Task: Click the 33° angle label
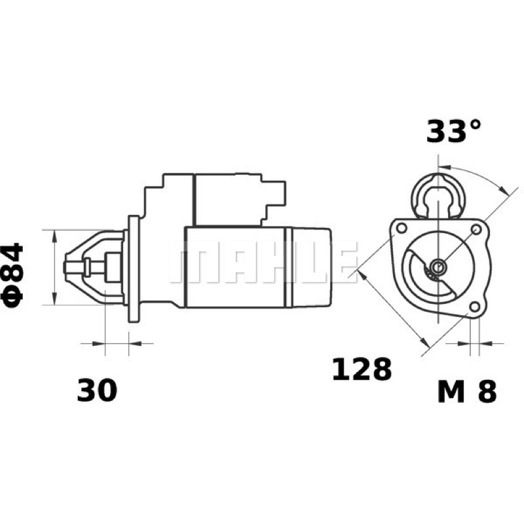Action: click(x=453, y=131)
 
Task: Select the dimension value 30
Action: click(x=97, y=390)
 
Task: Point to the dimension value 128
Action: click(x=362, y=369)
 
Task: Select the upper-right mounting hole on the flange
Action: click(x=476, y=229)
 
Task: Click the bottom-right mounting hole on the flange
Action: click(x=474, y=306)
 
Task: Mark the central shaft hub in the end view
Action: click(x=438, y=267)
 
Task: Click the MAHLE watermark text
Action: click(x=263, y=261)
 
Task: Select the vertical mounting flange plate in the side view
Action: click(x=134, y=269)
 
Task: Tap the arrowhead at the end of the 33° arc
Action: click(x=503, y=189)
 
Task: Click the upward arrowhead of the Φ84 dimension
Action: click(x=54, y=235)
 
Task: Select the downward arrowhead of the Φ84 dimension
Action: click(x=54, y=299)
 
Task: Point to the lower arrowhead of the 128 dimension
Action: click(x=424, y=342)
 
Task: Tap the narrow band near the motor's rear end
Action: click(x=288, y=268)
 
